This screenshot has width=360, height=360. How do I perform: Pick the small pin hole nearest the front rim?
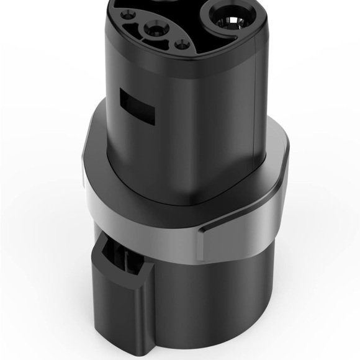pyautogui.click(x=182, y=44)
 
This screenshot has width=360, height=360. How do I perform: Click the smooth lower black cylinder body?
pyautogui.click(x=223, y=298)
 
